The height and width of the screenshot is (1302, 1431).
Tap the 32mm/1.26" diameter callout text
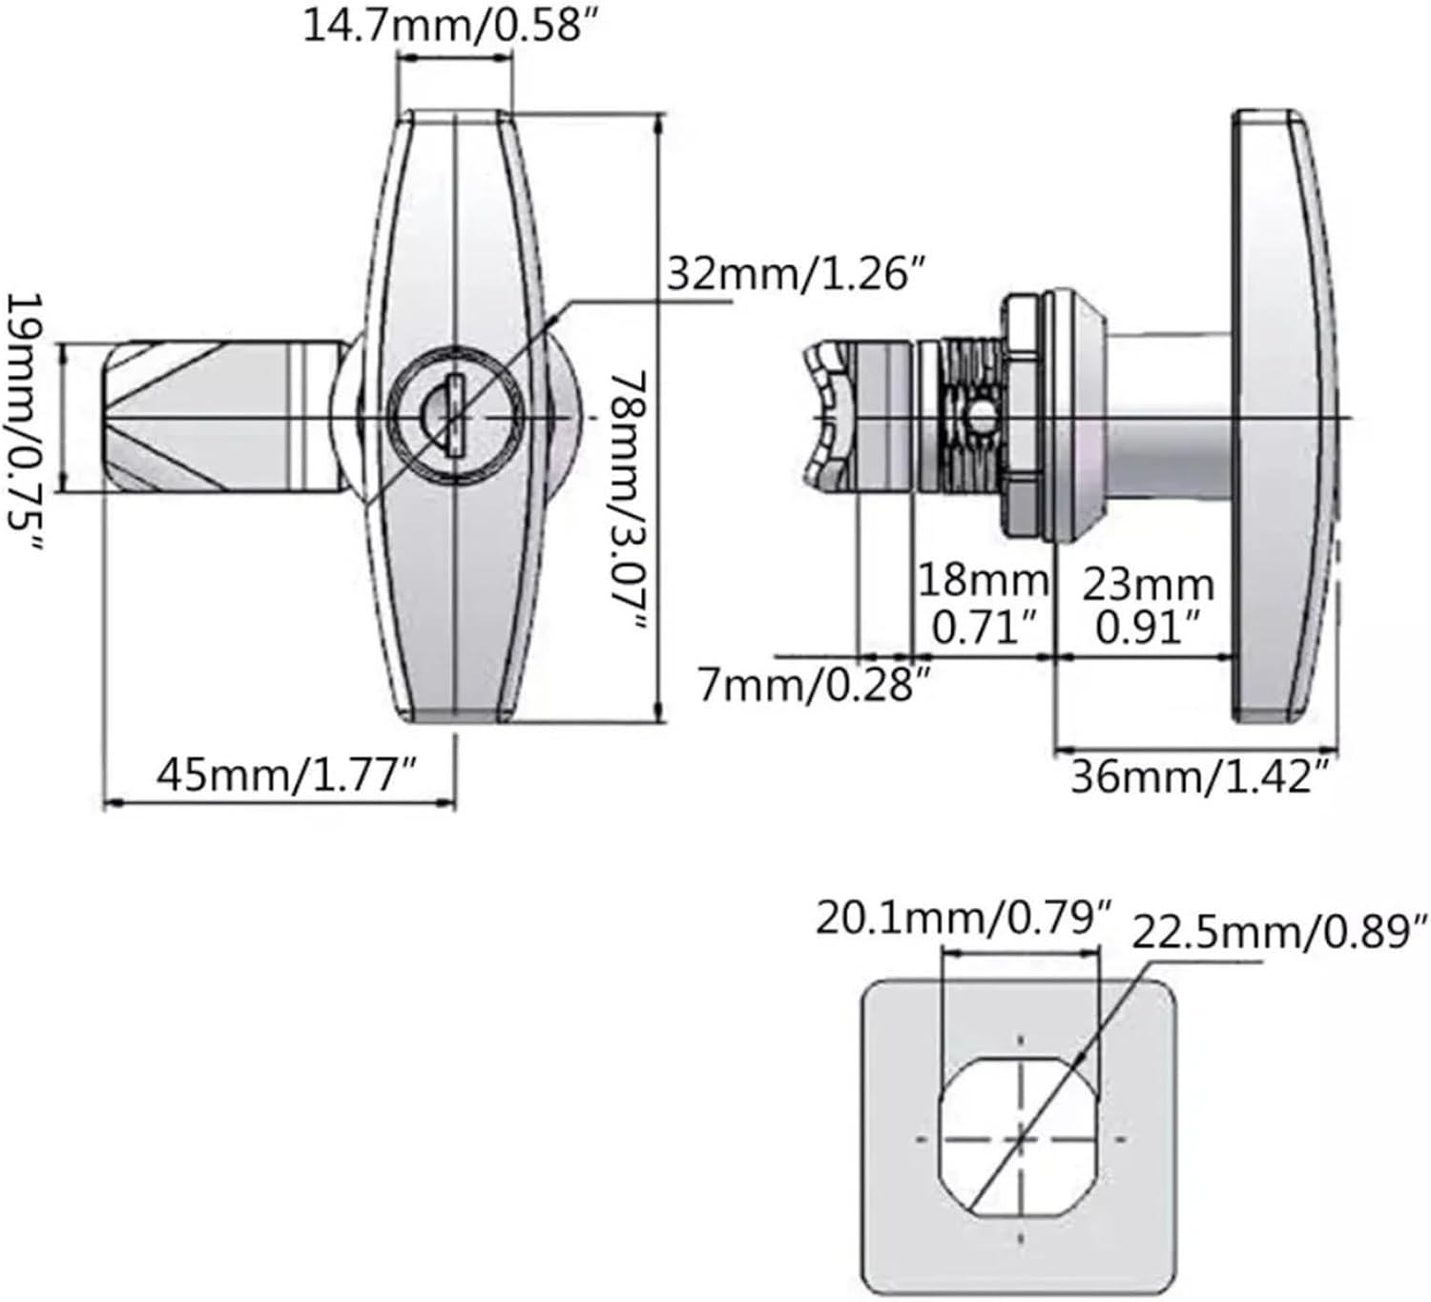(797, 274)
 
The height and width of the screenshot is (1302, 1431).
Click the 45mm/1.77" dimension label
(287, 775)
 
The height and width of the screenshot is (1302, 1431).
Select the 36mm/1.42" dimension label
(1200, 777)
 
